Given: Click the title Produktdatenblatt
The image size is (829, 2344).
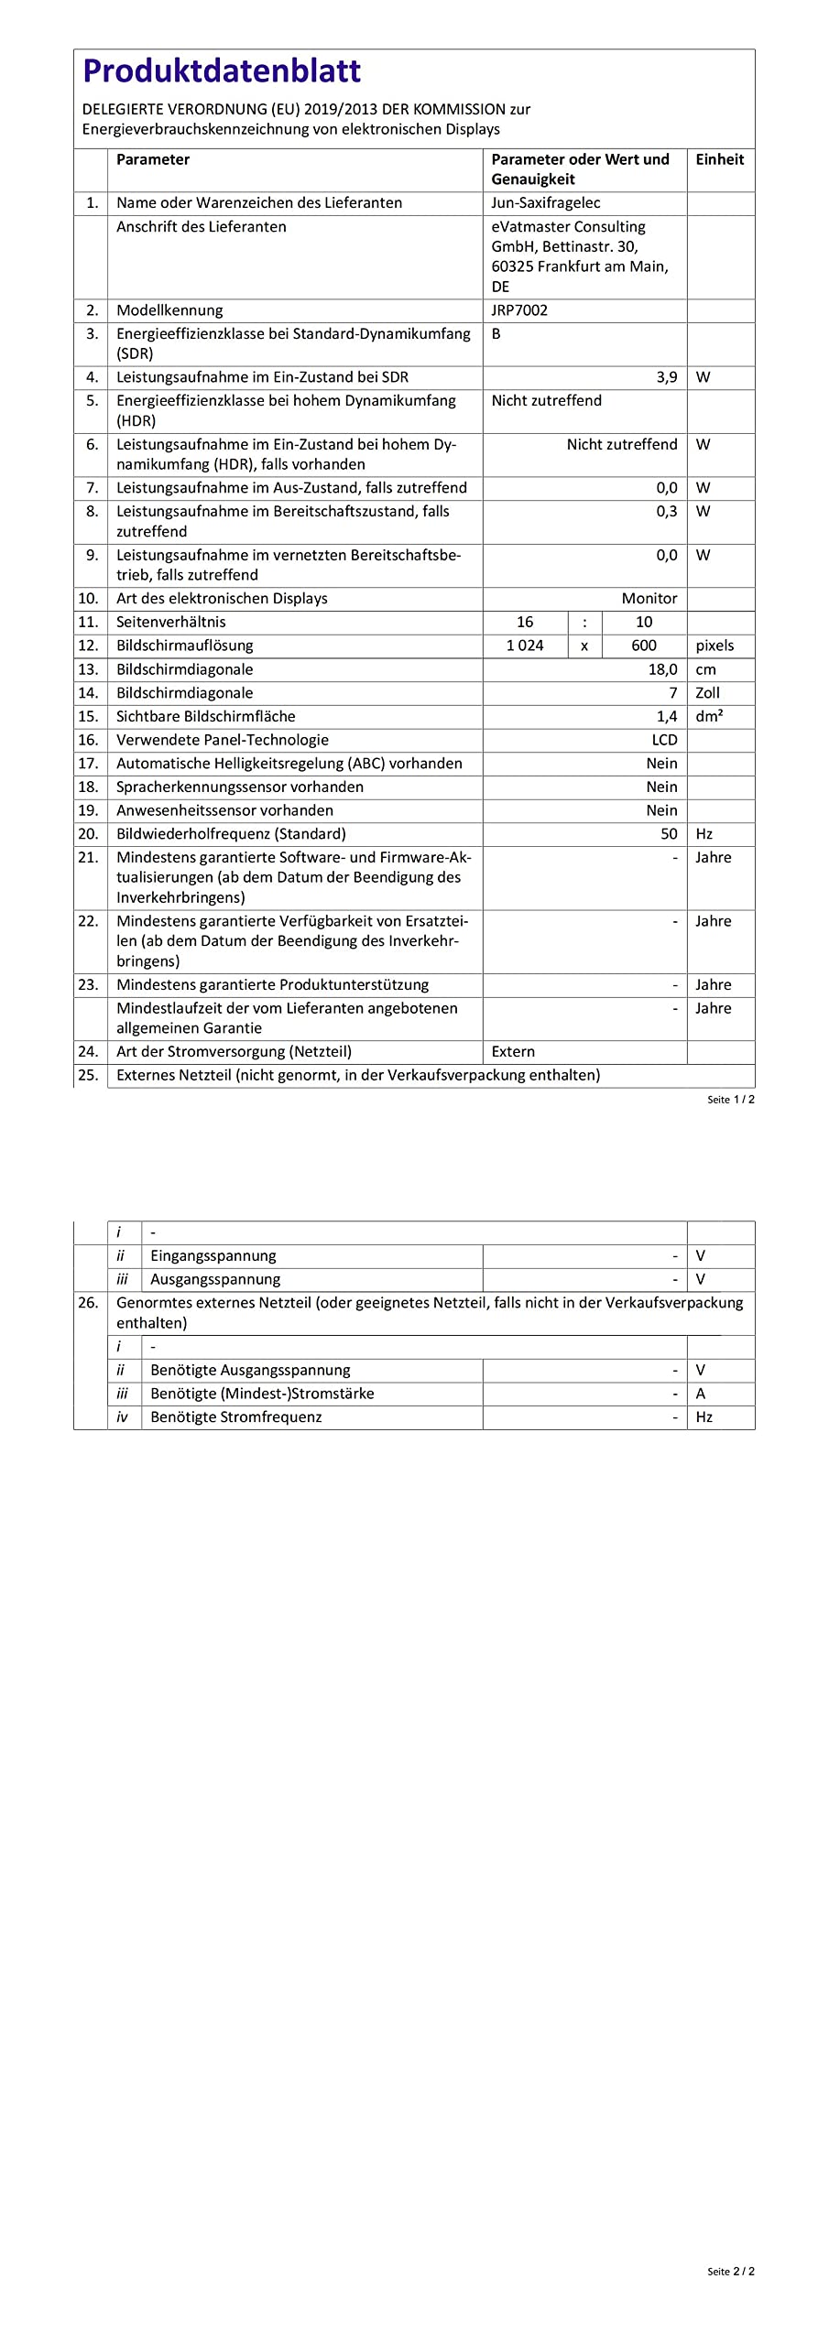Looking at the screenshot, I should [222, 71].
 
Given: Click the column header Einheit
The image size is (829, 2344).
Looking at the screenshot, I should [719, 159].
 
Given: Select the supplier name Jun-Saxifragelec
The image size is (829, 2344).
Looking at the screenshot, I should [546, 203].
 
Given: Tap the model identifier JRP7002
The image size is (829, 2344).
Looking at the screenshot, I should [519, 310].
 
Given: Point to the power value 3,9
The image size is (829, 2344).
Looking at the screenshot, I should [666, 377].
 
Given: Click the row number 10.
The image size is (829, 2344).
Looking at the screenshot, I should [88, 599].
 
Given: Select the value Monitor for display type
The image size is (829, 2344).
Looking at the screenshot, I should [649, 599].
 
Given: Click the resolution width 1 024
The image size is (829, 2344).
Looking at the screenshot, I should [525, 646].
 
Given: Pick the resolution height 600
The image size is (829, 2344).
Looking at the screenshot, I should [644, 646].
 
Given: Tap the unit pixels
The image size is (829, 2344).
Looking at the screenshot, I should [714, 646].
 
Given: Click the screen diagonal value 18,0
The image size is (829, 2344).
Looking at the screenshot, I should [662, 669].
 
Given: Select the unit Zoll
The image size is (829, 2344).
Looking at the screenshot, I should [707, 693].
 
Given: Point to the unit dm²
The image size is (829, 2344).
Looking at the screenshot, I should [709, 716].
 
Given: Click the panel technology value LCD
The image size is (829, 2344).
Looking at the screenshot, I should [664, 740].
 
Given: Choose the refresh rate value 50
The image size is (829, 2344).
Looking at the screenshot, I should [669, 834].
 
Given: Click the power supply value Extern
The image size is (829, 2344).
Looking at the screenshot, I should [513, 1052].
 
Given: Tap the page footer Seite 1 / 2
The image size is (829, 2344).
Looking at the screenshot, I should [730, 1100].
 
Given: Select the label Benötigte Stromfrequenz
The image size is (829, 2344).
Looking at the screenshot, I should [235, 1417].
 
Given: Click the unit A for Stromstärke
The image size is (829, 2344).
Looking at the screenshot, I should [701, 1394].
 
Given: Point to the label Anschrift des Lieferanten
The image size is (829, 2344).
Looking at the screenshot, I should [201, 227].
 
